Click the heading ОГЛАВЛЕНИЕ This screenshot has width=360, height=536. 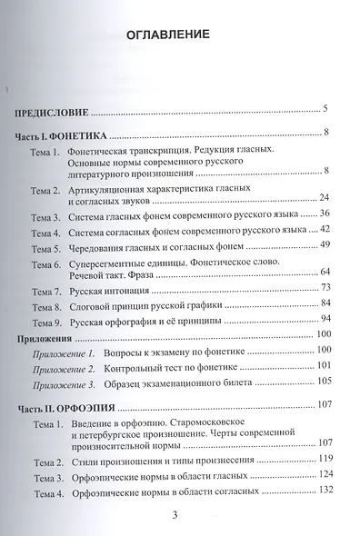click(x=179, y=35)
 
